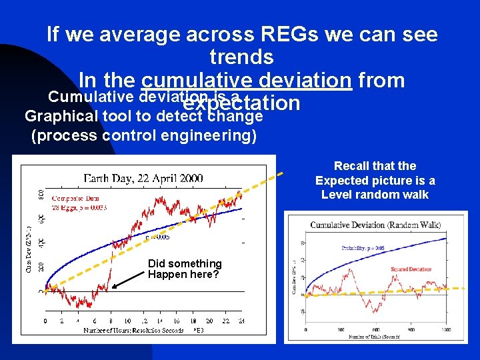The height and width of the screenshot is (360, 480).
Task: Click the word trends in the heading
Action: pyautogui.click(x=241, y=57)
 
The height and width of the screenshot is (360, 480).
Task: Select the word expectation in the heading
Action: pyautogui.click(x=241, y=104)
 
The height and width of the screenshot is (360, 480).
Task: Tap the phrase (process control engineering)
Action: pyautogui.click(x=143, y=135)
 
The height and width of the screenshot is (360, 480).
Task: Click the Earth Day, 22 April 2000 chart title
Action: pyautogui.click(x=143, y=179)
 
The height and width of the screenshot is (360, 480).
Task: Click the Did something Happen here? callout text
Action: pyautogui.click(x=184, y=269)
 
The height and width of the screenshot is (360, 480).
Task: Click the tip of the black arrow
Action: pyautogui.click(x=111, y=289)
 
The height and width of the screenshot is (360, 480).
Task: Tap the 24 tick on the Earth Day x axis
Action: pyautogui.click(x=241, y=321)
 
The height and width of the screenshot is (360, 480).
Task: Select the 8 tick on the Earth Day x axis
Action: pyautogui.click(x=110, y=321)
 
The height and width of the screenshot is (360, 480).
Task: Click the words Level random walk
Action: pyautogui.click(x=375, y=194)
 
